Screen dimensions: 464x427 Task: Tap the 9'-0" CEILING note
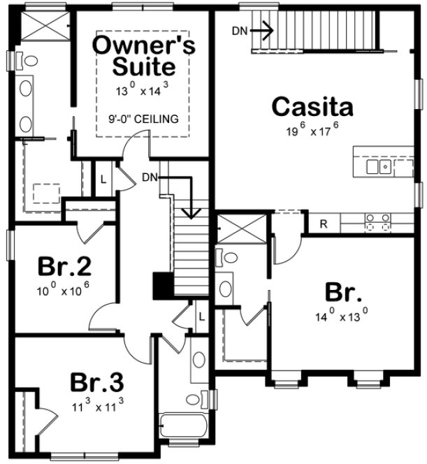point(143,118)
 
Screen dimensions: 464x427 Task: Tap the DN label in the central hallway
point(148,177)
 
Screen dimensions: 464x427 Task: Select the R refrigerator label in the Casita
point(323,224)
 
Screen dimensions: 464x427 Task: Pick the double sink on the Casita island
point(377,166)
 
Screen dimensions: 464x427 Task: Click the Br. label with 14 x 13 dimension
point(340,291)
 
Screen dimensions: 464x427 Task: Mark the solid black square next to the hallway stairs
point(162,286)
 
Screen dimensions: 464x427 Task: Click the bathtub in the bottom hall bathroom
point(185,426)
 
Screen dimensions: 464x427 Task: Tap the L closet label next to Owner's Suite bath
point(103,178)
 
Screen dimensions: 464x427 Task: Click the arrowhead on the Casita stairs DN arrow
point(269,30)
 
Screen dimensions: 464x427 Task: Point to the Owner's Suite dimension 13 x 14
point(143,90)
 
